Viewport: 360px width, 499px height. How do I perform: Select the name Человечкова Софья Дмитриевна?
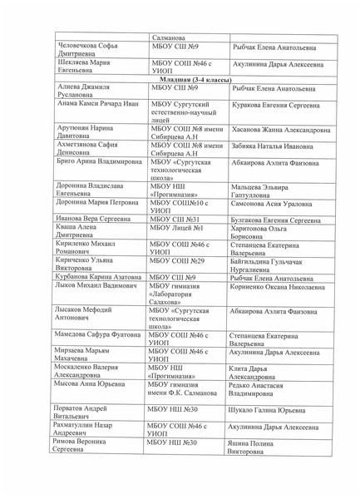(x=87, y=50)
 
